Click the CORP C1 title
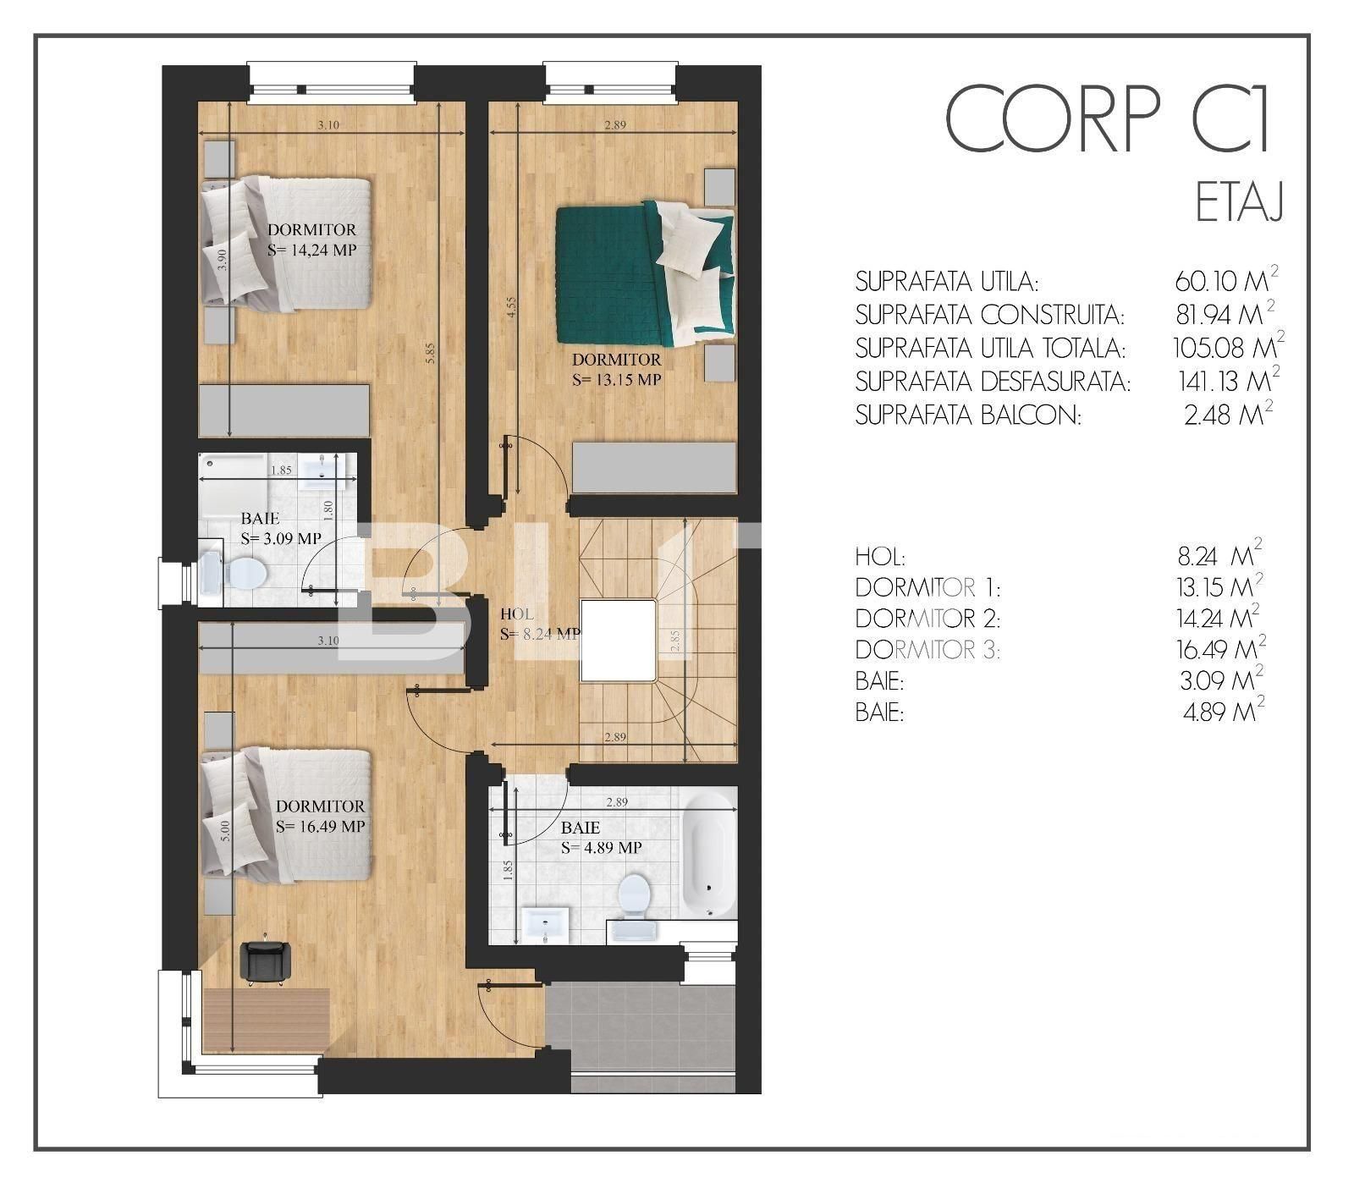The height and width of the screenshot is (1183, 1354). pyautogui.click(x=1108, y=118)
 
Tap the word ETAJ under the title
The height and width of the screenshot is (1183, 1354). pyautogui.click(x=1240, y=203)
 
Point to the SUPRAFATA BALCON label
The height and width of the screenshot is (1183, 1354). pyautogui.click(x=968, y=416)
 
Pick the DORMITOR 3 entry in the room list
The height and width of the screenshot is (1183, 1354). pyautogui.click(x=927, y=651)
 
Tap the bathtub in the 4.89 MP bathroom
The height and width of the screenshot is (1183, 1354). pyautogui.click(x=708, y=855)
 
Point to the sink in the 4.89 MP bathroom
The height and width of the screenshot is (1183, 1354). pyautogui.click(x=546, y=924)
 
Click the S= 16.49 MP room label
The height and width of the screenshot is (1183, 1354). pyautogui.click(x=320, y=827)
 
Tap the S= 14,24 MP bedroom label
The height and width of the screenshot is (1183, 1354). pyautogui.click(x=311, y=250)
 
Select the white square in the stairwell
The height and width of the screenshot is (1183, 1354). pyautogui.click(x=618, y=640)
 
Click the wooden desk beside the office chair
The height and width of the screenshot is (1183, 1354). pyautogui.click(x=266, y=1021)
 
